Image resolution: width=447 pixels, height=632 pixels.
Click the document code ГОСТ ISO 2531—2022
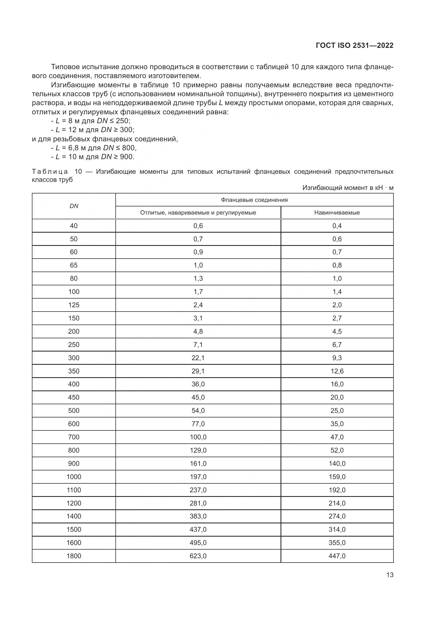[x=355, y=45]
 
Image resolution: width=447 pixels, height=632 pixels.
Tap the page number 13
[x=390, y=575]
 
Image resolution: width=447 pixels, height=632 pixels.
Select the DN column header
[x=74, y=206]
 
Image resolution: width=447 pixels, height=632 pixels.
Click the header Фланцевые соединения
[x=254, y=200]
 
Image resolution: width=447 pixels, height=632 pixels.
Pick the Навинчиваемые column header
[x=337, y=212]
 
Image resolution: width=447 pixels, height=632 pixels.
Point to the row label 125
[x=74, y=305]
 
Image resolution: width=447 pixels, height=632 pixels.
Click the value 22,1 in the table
[x=198, y=357]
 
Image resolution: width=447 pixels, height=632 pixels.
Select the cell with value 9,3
[x=337, y=357]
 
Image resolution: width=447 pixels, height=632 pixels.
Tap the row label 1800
[x=74, y=556]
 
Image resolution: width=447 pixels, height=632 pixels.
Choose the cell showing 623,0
[x=198, y=556]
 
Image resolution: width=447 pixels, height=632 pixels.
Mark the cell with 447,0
[x=337, y=556]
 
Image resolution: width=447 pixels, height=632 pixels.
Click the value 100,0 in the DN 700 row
[x=198, y=437]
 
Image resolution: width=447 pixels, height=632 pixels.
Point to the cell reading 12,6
[x=337, y=371]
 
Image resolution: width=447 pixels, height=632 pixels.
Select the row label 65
[x=74, y=265]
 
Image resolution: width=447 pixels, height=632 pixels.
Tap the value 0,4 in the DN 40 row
[x=337, y=226]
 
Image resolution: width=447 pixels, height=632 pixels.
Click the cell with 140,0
[x=337, y=463]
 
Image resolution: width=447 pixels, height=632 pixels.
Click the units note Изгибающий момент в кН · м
[x=348, y=188]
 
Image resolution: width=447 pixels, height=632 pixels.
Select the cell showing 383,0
[x=198, y=516]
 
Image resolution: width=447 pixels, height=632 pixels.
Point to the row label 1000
[x=74, y=476]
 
